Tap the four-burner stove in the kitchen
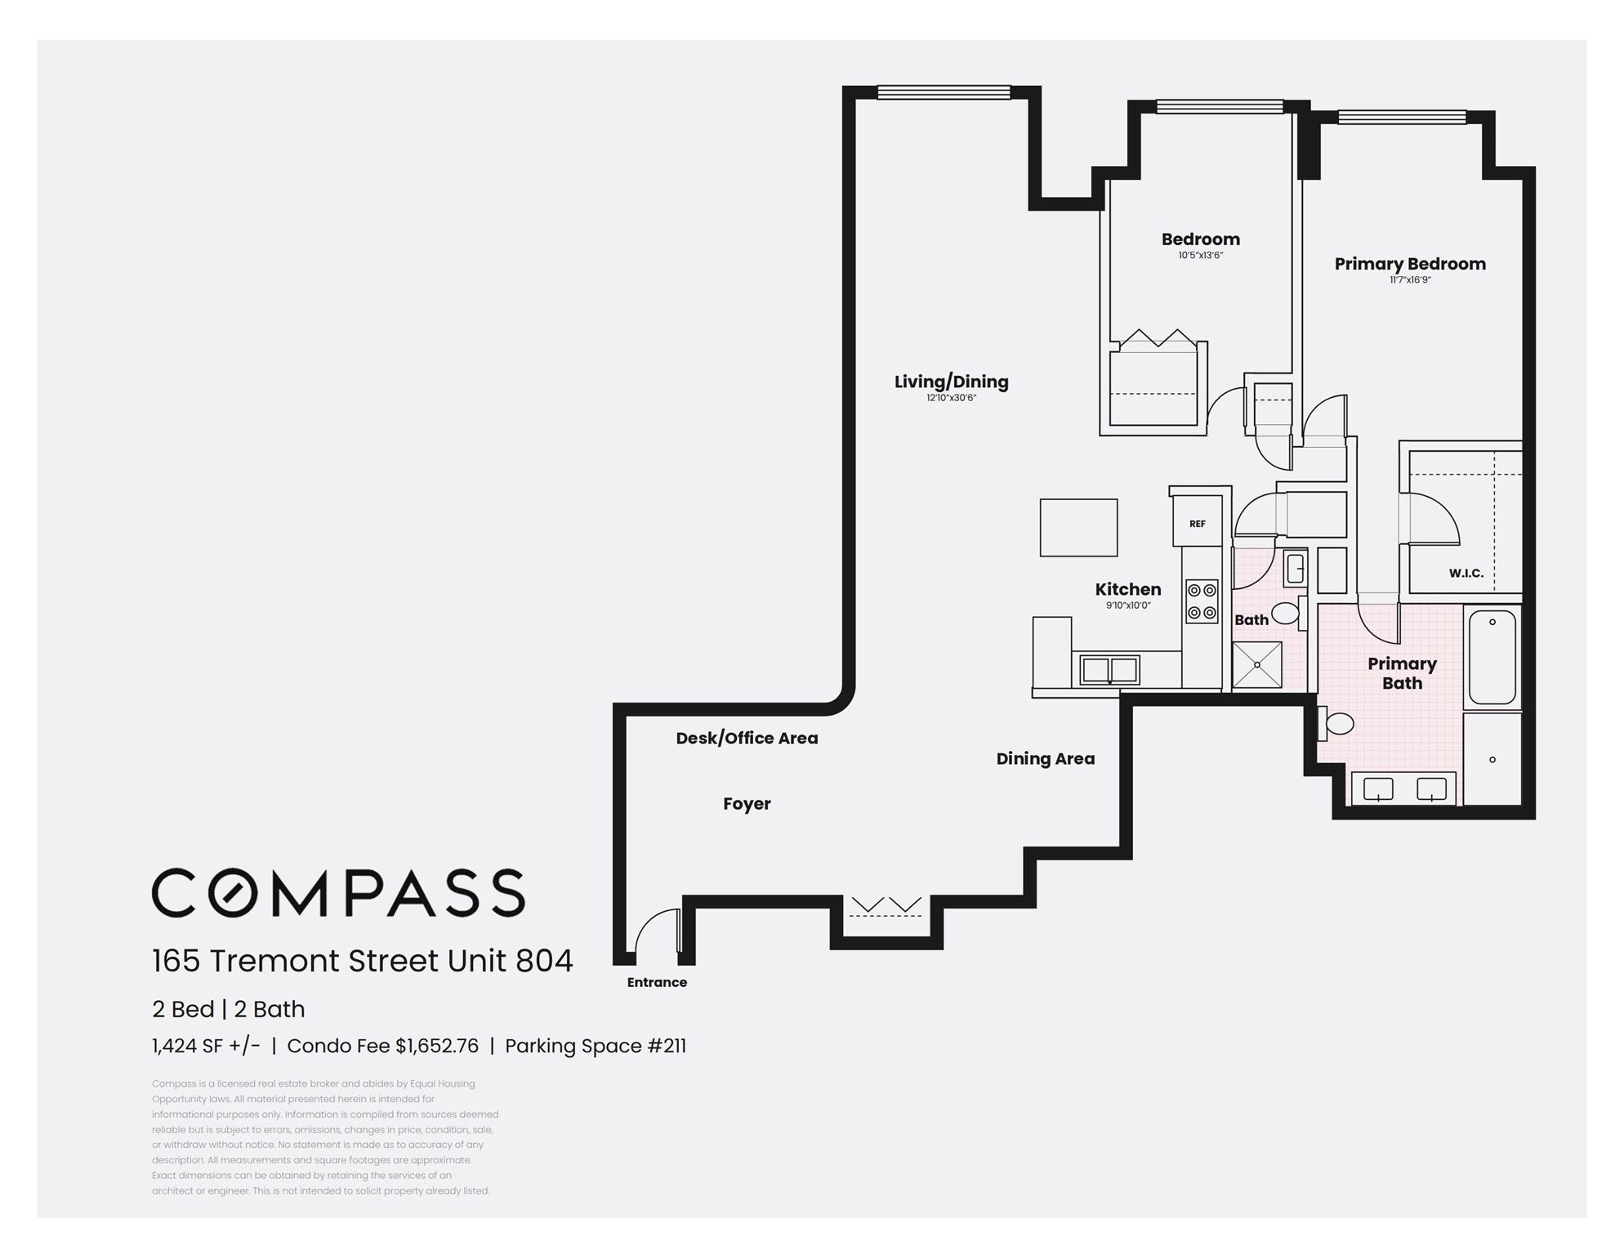[x=1202, y=601]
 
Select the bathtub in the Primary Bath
[x=1492, y=657]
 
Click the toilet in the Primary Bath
[x=1336, y=722]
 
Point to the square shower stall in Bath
[x=1256, y=665]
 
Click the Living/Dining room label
[x=951, y=382]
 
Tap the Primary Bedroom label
[x=1410, y=264]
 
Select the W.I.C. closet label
[x=1466, y=574]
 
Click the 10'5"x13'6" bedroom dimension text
[x=1200, y=256]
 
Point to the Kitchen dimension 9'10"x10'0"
[x=1128, y=605]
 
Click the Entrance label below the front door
[x=657, y=982]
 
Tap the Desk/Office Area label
[x=747, y=738]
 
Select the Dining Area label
[x=1045, y=758]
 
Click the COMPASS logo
[x=338, y=892]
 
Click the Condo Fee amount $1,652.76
[x=437, y=1046]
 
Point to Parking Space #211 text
[x=596, y=1046]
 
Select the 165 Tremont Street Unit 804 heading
[x=363, y=961]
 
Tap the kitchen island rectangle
[x=1078, y=528]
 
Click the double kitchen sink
[x=1109, y=670]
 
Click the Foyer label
[x=747, y=804]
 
